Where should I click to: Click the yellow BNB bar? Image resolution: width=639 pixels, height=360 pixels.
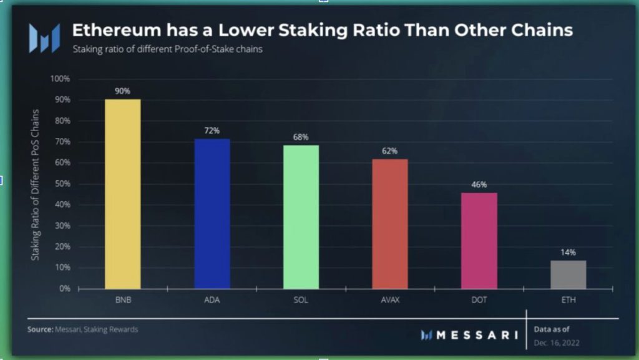[122, 193]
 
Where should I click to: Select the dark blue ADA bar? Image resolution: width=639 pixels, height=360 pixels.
[212, 213]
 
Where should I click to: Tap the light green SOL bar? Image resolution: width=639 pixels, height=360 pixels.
[301, 217]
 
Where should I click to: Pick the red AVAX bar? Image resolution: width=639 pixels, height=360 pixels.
[390, 224]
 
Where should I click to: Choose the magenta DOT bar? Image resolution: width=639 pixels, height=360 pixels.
[479, 240]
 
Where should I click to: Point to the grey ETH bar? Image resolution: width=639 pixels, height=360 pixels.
[568, 275]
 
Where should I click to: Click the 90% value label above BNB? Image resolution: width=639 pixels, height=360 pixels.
[122, 91]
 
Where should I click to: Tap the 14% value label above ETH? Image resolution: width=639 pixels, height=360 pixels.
[568, 252]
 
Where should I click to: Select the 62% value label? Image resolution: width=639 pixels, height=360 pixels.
[390, 150]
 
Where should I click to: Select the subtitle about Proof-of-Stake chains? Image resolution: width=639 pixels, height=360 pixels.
[167, 49]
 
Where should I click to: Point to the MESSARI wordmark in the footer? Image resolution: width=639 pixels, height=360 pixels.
[477, 335]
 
